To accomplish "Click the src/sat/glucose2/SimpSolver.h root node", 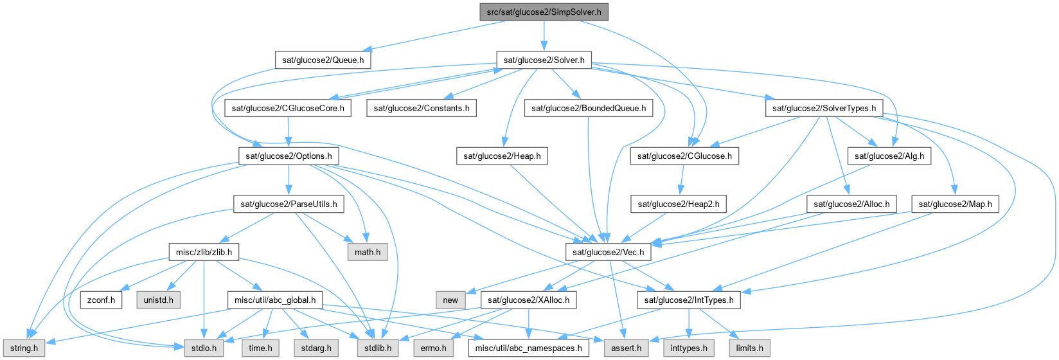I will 544,12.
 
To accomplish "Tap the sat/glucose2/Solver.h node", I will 544,60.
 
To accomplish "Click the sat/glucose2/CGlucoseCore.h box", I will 289,108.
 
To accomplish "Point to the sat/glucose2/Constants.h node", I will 422,108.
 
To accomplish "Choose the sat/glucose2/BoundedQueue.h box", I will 589,108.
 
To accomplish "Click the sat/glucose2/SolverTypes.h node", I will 824,108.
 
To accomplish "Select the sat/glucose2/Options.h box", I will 289,156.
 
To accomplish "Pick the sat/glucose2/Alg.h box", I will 889,156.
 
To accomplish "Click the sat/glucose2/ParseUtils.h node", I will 289,204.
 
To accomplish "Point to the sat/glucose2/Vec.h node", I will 608,253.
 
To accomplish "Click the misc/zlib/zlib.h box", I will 204,253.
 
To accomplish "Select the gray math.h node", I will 368,253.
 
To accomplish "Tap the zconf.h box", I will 101,300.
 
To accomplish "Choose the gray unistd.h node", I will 158,300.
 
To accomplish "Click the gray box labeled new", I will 450,300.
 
